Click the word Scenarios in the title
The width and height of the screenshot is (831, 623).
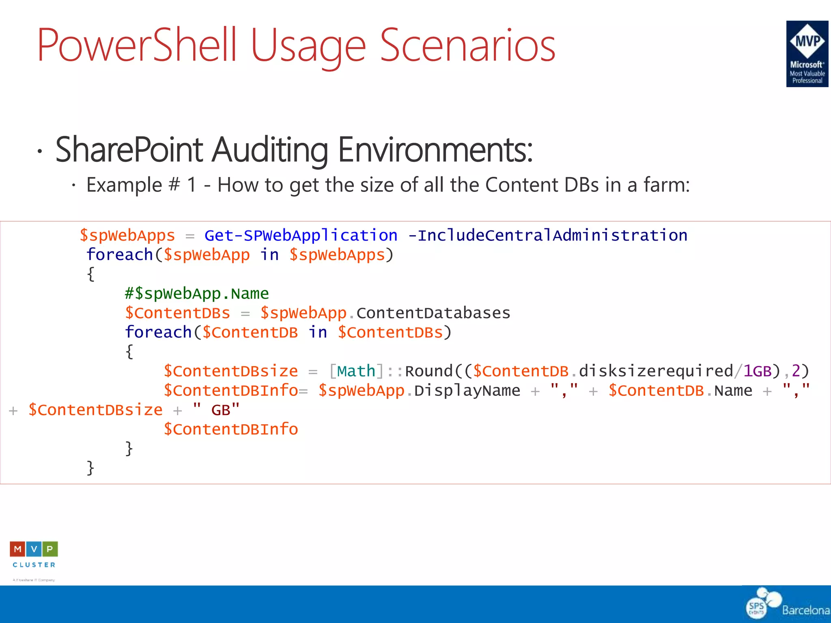[467, 45]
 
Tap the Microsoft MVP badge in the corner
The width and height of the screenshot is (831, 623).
[807, 54]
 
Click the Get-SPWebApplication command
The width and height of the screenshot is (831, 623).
[301, 236]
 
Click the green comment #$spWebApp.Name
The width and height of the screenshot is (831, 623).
[197, 294]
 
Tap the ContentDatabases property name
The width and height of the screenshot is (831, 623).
[433, 313]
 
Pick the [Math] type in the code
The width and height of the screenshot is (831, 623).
[356, 371]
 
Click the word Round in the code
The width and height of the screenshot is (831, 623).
[428, 371]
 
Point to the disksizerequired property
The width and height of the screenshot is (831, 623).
[656, 371]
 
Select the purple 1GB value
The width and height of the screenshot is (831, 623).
[757, 371]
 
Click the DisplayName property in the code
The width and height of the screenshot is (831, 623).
[467, 391]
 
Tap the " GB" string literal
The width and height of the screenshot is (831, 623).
[216, 410]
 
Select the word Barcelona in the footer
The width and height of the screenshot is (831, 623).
[806, 610]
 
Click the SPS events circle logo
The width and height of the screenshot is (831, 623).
[757, 607]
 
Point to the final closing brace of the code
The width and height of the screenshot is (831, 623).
[90, 468]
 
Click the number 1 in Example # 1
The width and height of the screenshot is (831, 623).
[192, 185]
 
